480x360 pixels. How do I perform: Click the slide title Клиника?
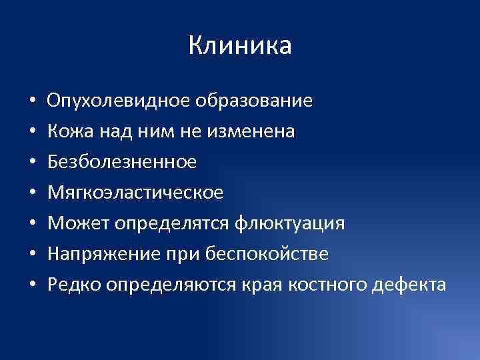click(x=240, y=47)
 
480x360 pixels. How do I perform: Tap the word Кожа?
click(x=65, y=132)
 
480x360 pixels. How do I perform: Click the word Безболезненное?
click(x=122, y=162)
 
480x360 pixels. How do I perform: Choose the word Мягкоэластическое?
click(x=135, y=193)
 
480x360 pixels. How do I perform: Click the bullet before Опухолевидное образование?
click(x=32, y=102)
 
